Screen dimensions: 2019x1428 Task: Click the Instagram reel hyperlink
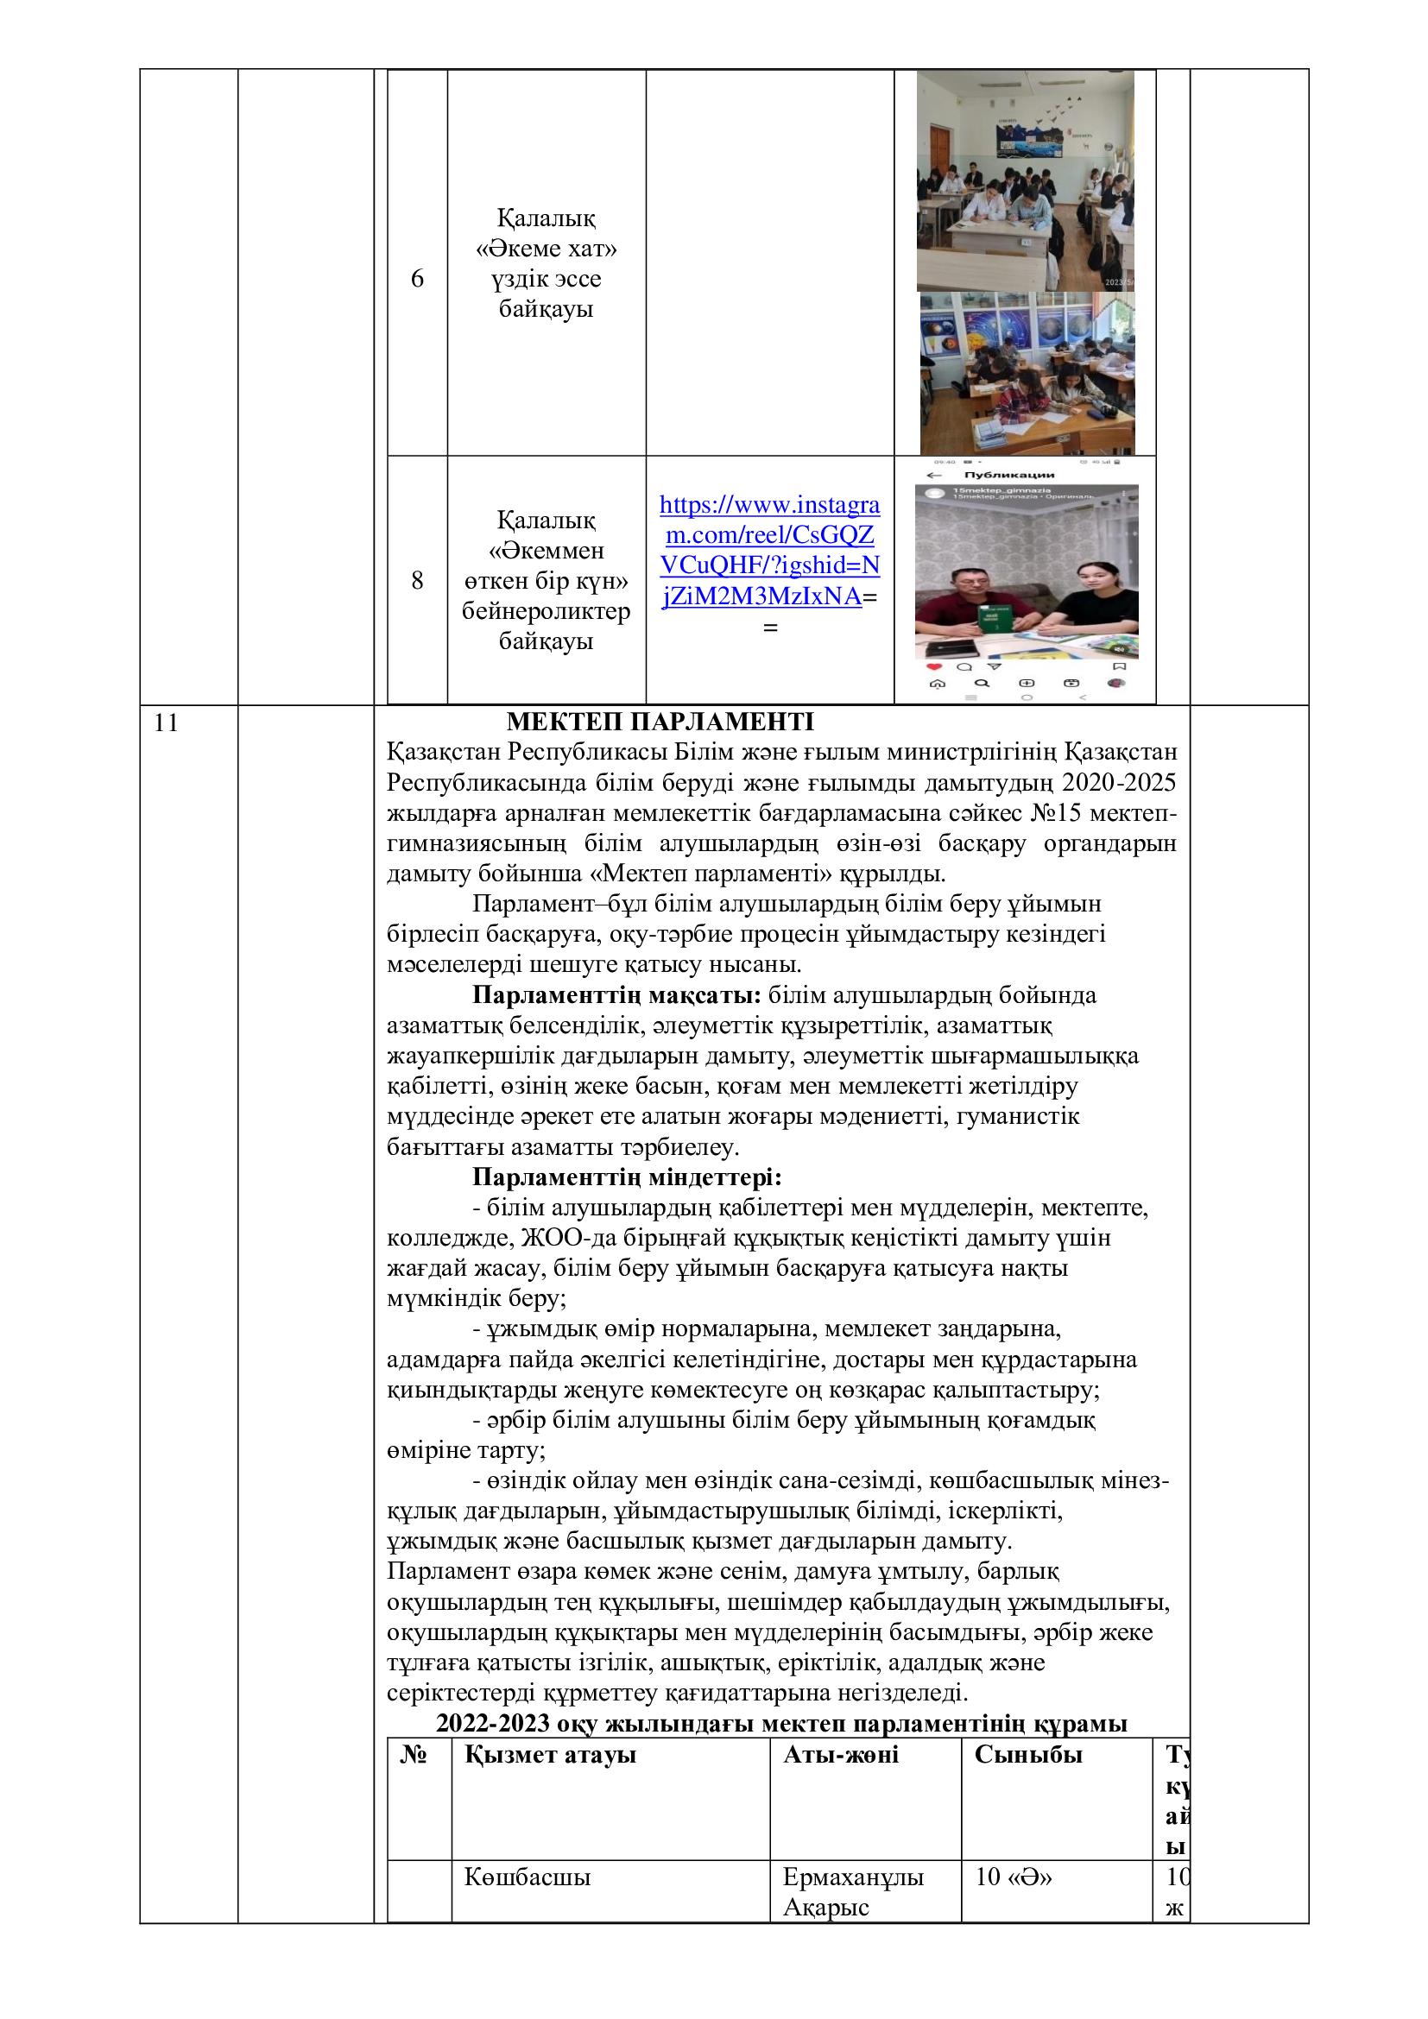769,551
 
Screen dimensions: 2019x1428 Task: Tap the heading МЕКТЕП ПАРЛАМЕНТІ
660,722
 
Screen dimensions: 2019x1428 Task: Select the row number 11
166,723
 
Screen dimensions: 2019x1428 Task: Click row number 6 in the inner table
417,279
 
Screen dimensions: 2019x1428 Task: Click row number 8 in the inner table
417,580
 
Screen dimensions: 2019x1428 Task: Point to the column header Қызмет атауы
550,1755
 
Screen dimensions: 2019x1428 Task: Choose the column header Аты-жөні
841,1755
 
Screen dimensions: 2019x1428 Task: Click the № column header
414,1755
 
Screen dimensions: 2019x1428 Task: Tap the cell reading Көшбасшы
528,1877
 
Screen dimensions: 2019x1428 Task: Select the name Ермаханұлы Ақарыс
853,1890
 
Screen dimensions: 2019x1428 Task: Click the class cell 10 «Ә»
1014,1877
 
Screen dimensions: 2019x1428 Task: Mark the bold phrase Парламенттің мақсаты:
616,995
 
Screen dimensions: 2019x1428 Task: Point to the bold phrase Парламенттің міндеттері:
627,1177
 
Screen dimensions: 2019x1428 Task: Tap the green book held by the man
991,618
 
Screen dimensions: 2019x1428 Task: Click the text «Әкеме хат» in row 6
546,249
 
